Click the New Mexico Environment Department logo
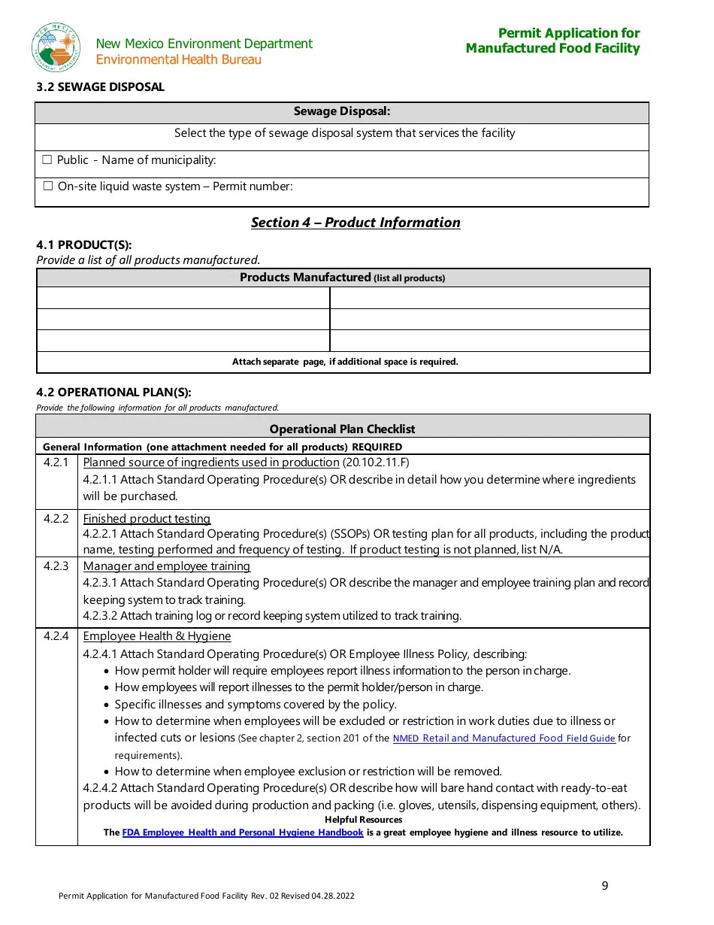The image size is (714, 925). point(56,47)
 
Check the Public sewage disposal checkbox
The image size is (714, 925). point(47,160)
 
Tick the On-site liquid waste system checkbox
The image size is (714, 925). point(47,187)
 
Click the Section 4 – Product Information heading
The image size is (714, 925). point(355,223)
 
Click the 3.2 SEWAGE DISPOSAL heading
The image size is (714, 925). point(100,87)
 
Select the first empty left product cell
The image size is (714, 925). point(183,298)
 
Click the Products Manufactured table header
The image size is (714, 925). point(343,277)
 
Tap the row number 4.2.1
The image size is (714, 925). point(56,462)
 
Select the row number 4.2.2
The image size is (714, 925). point(56,519)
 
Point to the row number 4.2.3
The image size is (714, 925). point(56,566)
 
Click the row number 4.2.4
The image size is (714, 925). point(56,636)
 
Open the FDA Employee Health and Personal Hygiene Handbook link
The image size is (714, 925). point(242,832)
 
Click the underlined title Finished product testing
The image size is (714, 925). point(147,519)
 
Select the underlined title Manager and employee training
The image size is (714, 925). point(166,566)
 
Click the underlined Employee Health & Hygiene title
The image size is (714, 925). point(156,636)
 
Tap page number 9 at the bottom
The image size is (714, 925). point(605,886)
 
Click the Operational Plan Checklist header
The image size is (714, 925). point(343,429)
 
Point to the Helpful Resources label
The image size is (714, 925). point(363,820)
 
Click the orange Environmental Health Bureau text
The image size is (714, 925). point(179,60)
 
